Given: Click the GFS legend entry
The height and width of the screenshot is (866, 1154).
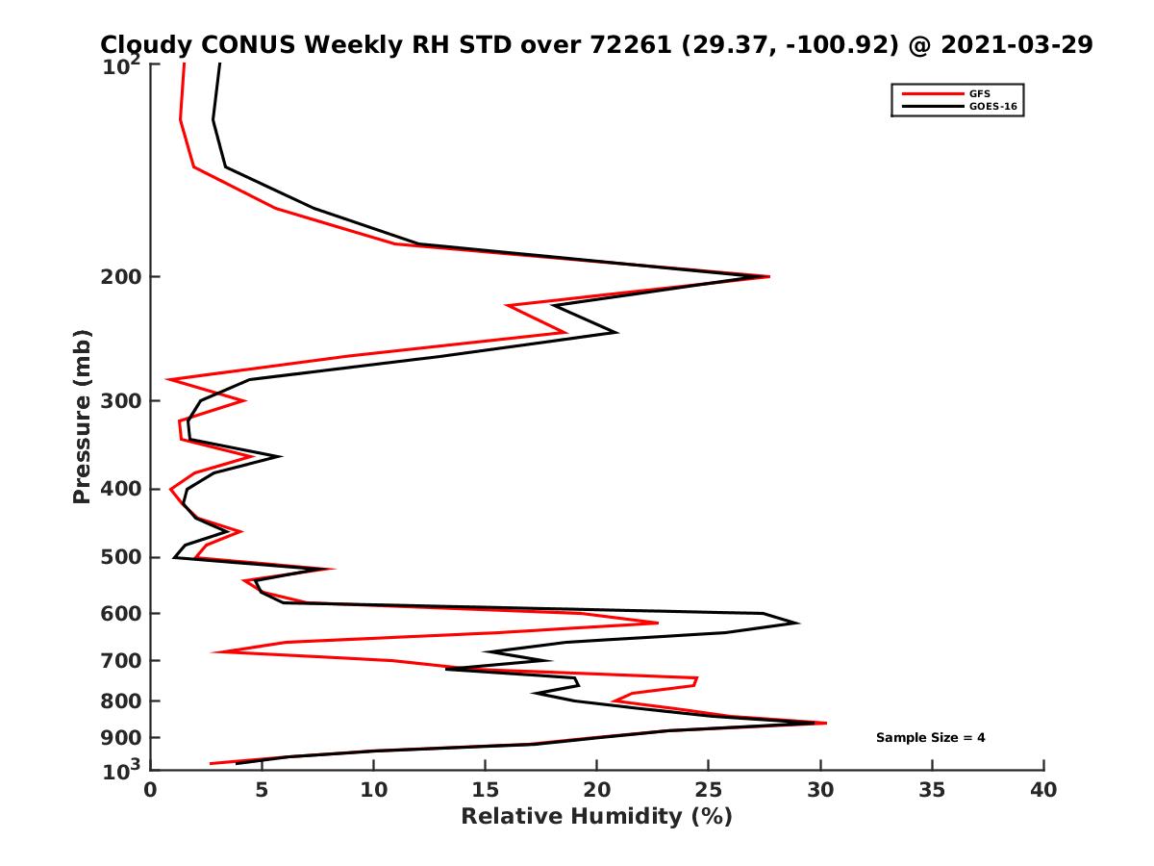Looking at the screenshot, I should (982, 93).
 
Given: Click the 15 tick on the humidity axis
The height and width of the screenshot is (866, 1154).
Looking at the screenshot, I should (486, 790).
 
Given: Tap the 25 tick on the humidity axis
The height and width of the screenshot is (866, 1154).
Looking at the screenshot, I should (709, 790).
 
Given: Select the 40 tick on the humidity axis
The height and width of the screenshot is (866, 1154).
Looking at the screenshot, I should (1043, 790).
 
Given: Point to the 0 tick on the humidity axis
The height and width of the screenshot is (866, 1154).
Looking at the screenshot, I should (151, 790).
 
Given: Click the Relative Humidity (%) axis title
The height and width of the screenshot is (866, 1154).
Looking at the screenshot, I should (596, 817).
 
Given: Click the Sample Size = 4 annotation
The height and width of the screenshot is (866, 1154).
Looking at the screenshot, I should (930, 738).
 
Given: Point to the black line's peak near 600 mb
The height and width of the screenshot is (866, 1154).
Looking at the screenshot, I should (798, 623).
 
